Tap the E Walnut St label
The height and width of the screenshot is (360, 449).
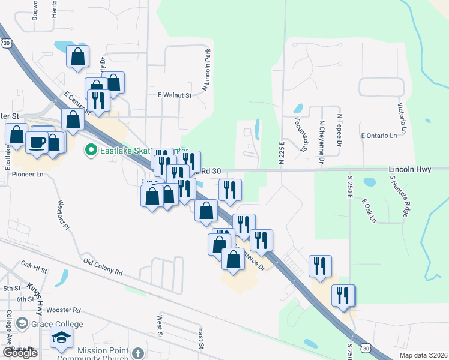click(174, 95)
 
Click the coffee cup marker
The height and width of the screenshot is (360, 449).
click(37, 143)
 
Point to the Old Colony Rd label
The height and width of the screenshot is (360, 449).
click(103, 267)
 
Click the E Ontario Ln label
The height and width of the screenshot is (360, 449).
click(378, 136)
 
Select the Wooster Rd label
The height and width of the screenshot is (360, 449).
click(63, 310)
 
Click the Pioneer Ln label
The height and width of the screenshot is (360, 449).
click(28, 175)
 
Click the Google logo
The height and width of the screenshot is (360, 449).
click(20, 353)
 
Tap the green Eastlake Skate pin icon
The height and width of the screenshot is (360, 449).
click(91, 150)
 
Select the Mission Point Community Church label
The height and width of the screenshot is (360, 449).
click(93, 354)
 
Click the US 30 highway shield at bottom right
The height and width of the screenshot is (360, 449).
click(366, 347)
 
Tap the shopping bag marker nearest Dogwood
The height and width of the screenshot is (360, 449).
click(79, 58)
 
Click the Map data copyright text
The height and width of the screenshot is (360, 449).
click(423, 355)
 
